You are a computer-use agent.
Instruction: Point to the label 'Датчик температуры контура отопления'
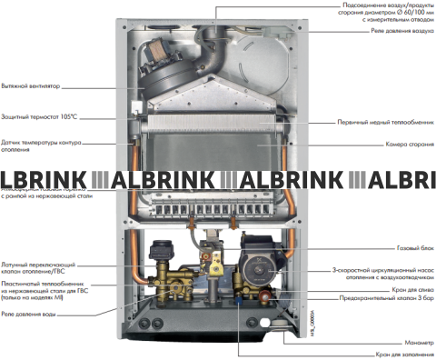click(42, 145)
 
